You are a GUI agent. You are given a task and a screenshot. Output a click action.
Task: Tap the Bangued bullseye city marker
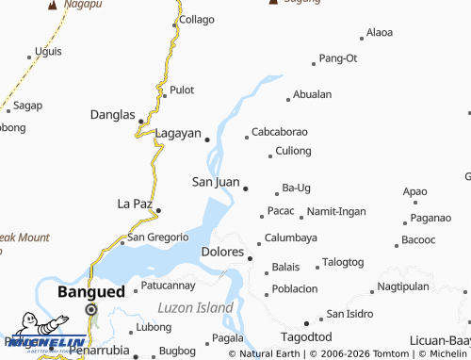[91, 309]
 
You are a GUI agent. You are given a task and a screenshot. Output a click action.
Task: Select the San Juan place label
[216, 182]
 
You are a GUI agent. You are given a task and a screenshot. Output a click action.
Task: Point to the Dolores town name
[223, 253]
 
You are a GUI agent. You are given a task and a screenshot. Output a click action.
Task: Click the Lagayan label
[178, 134]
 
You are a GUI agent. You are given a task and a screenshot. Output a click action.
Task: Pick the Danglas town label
[112, 115]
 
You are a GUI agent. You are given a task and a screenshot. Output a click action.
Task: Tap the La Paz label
[134, 204]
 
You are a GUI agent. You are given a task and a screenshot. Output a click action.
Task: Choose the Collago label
[197, 19]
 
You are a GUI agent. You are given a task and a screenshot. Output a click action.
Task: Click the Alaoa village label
[380, 32]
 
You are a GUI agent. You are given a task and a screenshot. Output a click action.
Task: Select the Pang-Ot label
[338, 58]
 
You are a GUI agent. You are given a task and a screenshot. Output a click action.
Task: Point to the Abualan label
[313, 94]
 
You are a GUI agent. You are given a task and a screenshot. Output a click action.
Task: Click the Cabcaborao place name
[280, 132]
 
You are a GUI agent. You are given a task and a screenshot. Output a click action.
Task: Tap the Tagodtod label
[307, 337]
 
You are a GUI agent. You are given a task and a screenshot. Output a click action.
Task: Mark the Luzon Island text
[195, 308]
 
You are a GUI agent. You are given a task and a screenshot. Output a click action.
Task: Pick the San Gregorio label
[158, 237]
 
